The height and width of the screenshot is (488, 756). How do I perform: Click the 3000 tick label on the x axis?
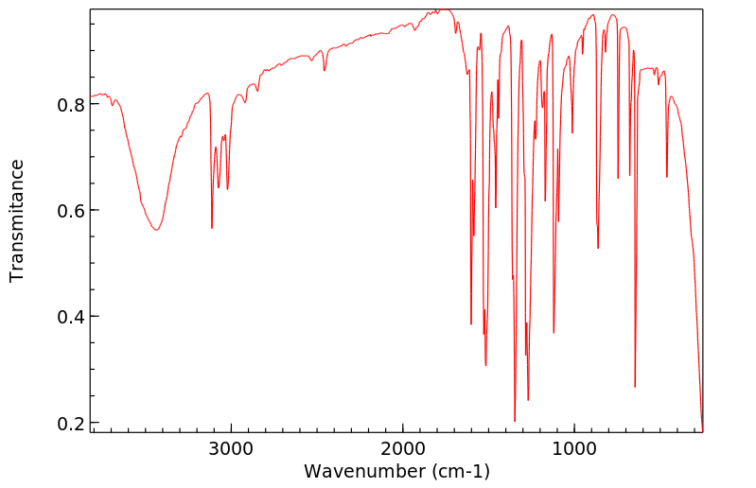point(232,448)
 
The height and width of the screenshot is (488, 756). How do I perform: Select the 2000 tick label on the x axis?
point(403,448)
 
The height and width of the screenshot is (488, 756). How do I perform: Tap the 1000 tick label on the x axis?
point(574,448)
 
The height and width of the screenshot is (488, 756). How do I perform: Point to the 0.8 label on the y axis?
point(69,104)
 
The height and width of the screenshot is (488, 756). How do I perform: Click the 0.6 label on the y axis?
point(69,210)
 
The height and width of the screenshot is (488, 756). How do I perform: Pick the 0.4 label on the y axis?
point(69,317)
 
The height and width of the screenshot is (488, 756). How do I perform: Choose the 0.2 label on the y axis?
point(69,423)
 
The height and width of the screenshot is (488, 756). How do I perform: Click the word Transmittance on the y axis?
point(17,220)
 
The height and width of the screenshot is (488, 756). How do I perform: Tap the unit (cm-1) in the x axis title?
point(460,471)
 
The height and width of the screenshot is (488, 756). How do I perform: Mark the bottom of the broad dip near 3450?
point(156,230)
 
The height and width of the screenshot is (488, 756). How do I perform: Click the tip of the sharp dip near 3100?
point(212,228)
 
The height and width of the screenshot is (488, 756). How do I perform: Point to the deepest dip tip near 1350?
point(515,421)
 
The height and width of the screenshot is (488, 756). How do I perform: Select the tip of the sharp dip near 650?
point(635,387)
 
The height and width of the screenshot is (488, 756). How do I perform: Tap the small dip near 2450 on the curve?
point(325,71)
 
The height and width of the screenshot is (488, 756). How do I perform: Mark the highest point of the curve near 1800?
point(437,10)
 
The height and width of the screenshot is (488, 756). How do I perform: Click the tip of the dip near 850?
point(598,248)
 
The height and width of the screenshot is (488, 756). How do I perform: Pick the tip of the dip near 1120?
point(554,333)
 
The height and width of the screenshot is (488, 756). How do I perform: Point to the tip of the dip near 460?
point(667,177)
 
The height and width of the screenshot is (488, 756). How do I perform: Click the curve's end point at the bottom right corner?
point(702,430)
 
